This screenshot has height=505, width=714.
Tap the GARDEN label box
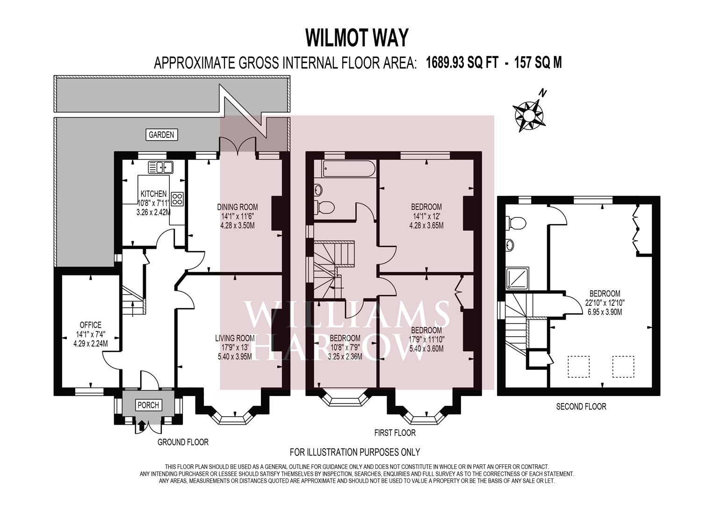[161, 135]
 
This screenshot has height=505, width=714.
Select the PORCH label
[147, 405]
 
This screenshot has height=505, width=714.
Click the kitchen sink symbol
[160, 167]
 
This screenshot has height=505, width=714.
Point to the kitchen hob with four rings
[178, 199]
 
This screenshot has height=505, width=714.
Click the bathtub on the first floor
[345, 169]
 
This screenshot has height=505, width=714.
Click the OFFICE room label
[90, 325]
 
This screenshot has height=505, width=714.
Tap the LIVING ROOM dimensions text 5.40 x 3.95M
[235, 356]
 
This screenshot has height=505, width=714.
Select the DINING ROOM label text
[237, 207]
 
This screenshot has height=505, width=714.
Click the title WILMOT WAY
[357, 37]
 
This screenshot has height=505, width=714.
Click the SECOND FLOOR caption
[581, 406]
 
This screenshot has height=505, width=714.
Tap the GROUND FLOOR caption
[183, 442]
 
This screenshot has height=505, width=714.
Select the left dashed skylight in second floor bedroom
[578, 366]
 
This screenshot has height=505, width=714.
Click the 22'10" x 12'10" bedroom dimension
[605, 303]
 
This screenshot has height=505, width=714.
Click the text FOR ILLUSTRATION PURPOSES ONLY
[355, 452]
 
